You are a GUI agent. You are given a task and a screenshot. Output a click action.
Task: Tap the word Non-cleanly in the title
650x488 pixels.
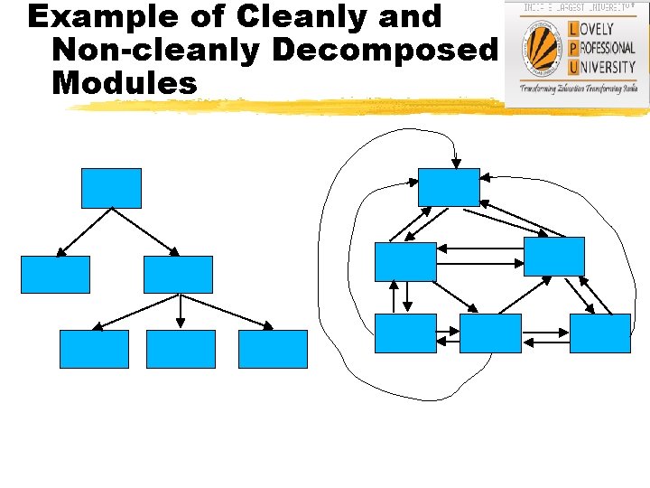157,51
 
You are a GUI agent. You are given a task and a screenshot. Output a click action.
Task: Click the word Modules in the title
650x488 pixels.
125,83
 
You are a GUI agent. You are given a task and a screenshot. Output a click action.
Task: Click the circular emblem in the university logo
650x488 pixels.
543,47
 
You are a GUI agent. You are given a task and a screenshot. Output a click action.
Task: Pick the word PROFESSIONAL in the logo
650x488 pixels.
605,48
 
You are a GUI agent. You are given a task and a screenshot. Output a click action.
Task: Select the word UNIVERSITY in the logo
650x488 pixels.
605,66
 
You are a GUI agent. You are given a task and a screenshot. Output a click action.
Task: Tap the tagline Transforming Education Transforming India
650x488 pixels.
579,89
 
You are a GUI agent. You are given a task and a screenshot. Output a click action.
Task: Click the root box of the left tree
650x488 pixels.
112,188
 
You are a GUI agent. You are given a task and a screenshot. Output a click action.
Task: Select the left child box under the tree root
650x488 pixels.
55,275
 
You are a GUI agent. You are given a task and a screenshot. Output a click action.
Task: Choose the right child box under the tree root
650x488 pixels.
178,275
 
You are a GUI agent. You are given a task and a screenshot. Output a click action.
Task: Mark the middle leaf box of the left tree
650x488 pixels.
181,349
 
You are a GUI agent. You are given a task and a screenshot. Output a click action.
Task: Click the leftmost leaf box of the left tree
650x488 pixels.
94,349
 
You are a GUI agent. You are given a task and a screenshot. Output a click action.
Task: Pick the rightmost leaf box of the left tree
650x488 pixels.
273,349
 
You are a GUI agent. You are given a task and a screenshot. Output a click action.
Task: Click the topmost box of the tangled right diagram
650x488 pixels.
450,187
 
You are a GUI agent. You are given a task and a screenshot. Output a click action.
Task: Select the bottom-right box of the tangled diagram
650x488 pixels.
599,333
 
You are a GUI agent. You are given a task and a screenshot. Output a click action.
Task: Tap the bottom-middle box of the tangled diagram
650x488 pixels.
490,333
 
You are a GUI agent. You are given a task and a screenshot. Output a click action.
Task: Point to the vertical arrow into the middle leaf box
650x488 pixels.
181,311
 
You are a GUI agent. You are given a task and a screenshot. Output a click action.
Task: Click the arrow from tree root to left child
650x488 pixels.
84,232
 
